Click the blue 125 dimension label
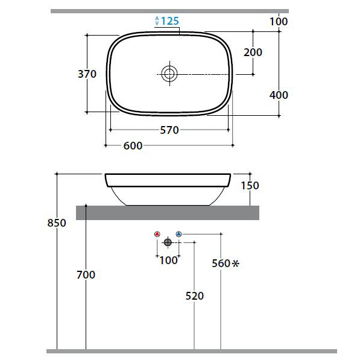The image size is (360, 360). pos(169,21)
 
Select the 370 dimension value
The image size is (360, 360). pos(87,74)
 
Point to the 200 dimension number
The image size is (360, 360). pos(253,52)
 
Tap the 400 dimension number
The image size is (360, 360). pos(279,95)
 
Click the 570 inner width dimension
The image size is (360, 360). pos(169,130)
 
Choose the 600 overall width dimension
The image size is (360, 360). pos(133,146)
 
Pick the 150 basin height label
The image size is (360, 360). pos(250,186)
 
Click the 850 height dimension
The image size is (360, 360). pos(57,223)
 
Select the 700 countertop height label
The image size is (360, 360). pos(86,274)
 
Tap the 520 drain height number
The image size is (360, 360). pos(194,296)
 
